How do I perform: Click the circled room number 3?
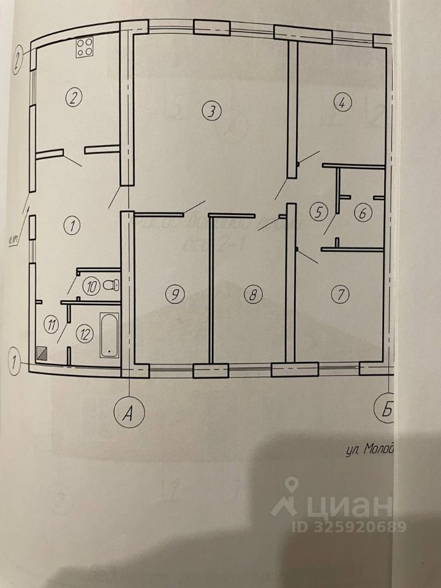(210, 111)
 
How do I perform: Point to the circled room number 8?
(252, 295)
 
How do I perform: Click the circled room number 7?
(340, 295)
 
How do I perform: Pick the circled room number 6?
(362, 214)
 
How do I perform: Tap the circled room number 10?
(92, 286)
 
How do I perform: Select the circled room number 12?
(85, 334)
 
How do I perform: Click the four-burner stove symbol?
(85, 48)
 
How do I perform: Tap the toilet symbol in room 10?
(110, 284)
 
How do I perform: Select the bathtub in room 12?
(109, 335)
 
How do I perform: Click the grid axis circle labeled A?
(128, 413)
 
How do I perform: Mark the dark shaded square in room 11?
(42, 352)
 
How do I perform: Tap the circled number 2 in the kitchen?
(73, 97)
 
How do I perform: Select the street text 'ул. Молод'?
(367, 450)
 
